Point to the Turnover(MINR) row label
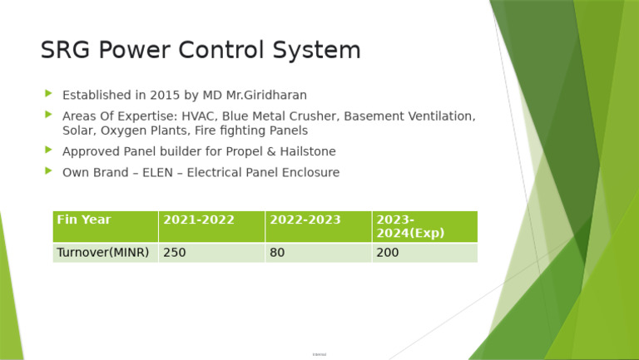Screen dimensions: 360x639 105,253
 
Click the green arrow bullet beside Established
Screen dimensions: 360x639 48,94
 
